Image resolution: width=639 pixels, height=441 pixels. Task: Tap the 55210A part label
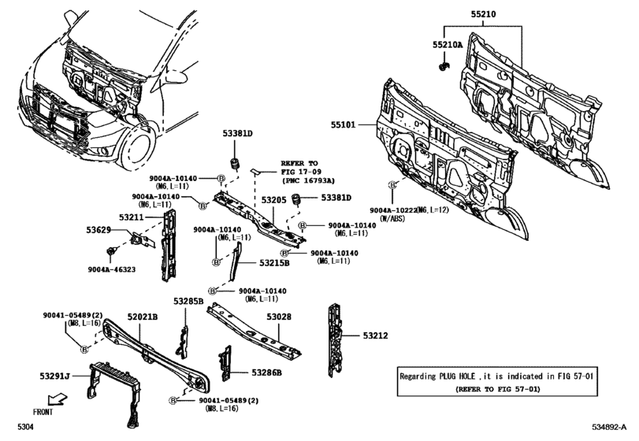point(448,46)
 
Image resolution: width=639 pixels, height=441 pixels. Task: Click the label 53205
point(273,201)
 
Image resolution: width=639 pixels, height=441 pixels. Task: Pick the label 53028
point(278,317)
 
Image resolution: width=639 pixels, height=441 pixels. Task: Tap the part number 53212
point(376,335)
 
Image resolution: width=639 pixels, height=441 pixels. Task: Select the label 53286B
point(266,372)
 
